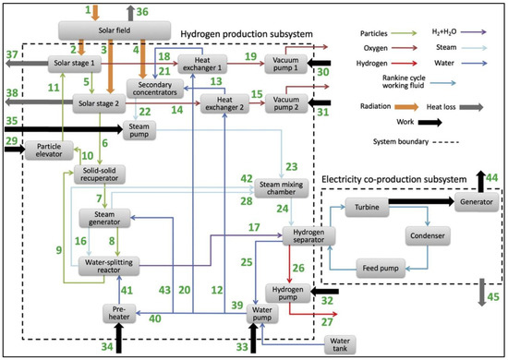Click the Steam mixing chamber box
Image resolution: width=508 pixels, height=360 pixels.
pyautogui.click(x=280, y=185)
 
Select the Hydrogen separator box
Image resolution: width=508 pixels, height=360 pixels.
pyautogui.click(x=303, y=234)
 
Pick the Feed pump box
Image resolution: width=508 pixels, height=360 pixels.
pyautogui.click(x=376, y=270)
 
